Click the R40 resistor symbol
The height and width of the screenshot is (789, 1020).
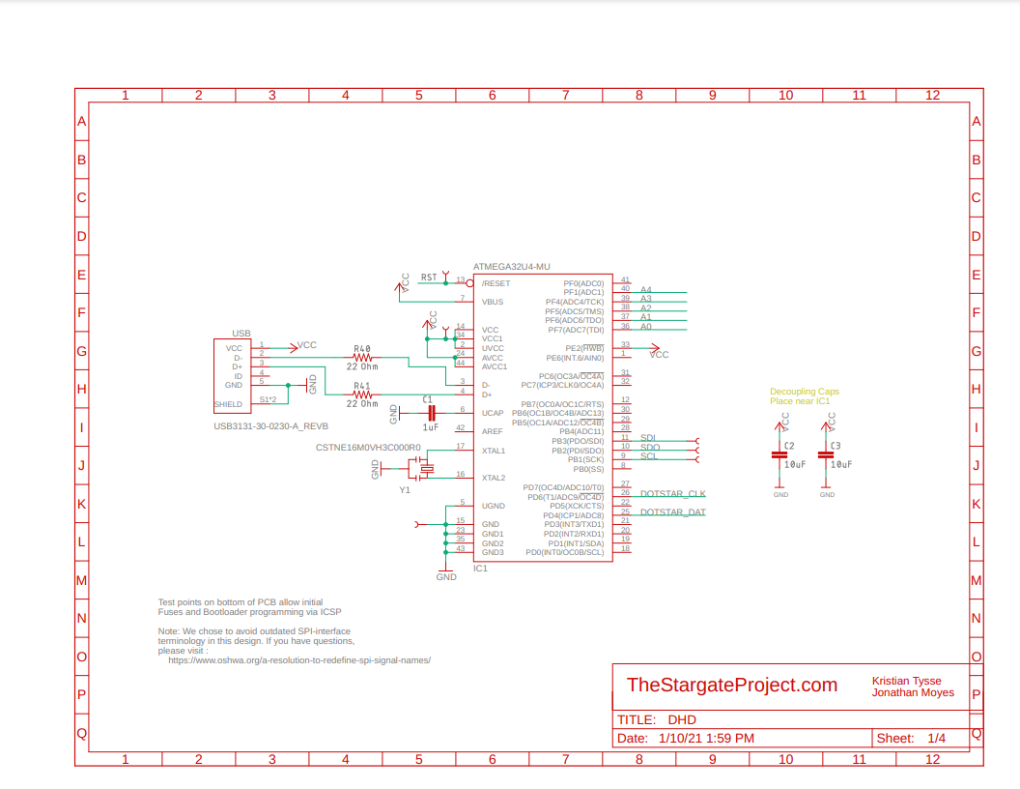point(361,358)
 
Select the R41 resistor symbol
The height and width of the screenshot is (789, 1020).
point(361,394)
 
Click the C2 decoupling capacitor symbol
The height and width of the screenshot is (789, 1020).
point(779,454)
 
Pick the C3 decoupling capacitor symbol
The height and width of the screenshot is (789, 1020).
point(826,454)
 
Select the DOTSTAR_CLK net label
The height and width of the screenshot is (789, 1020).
point(672,494)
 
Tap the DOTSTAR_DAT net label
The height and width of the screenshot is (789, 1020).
point(672,512)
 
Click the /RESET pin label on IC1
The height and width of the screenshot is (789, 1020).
point(496,283)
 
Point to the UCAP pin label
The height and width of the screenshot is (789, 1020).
point(493,413)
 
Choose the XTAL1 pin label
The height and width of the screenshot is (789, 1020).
point(494,451)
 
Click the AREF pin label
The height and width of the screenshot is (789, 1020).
point(493,431)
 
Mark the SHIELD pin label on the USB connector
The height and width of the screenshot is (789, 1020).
point(229,404)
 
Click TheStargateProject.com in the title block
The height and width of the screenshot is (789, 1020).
point(731,685)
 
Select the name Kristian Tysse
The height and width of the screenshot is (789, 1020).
point(906,681)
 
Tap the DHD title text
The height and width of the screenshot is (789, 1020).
point(682,719)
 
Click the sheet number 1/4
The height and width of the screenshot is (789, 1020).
point(936,738)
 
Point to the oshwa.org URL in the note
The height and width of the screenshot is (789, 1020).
point(298,660)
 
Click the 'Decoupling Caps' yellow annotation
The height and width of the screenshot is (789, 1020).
point(805,392)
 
